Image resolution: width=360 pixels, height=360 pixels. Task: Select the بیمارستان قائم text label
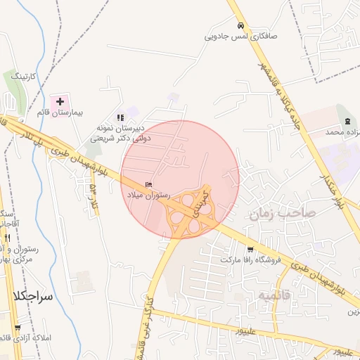click(x=59, y=112)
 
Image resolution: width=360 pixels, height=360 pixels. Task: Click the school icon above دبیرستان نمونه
click(x=120, y=117)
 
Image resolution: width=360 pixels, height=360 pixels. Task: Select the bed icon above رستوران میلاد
click(x=147, y=184)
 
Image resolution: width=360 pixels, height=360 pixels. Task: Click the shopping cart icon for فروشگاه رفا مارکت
click(x=251, y=249)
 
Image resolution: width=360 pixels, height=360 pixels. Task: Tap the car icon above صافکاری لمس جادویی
click(x=240, y=22)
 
